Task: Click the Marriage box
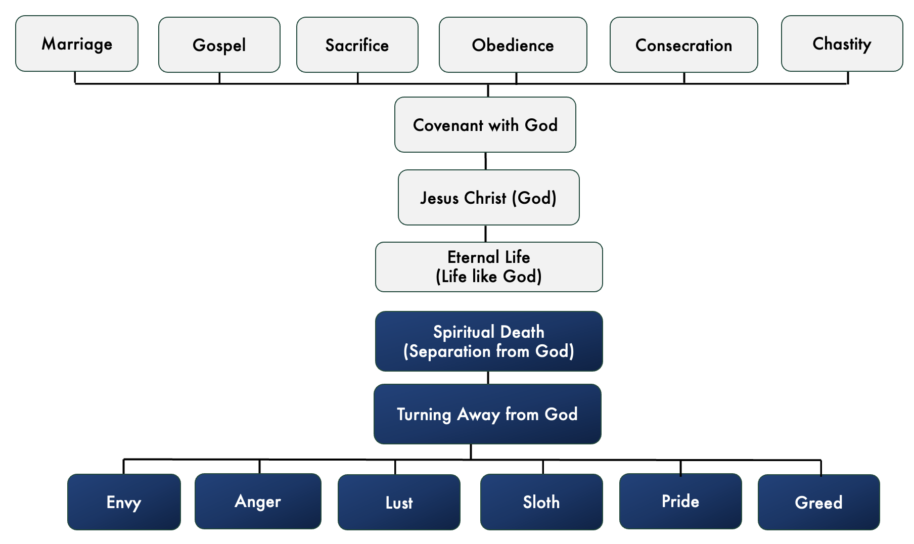(77, 44)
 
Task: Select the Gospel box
(219, 45)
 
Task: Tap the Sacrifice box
(357, 45)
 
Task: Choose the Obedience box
(513, 45)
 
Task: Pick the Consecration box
(683, 45)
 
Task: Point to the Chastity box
(842, 44)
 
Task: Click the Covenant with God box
(485, 125)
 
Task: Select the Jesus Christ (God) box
(488, 198)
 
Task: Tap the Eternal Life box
(488, 267)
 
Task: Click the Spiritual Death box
(488, 341)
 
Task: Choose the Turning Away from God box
(487, 414)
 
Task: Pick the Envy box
(124, 502)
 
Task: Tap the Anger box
(258, 502)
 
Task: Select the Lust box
(399, 503)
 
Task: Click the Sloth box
(541, 502)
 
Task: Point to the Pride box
(680, 502)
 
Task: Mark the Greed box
(818, 503)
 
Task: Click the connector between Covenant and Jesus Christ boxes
(486, 161)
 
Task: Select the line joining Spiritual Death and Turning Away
(488, 378)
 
